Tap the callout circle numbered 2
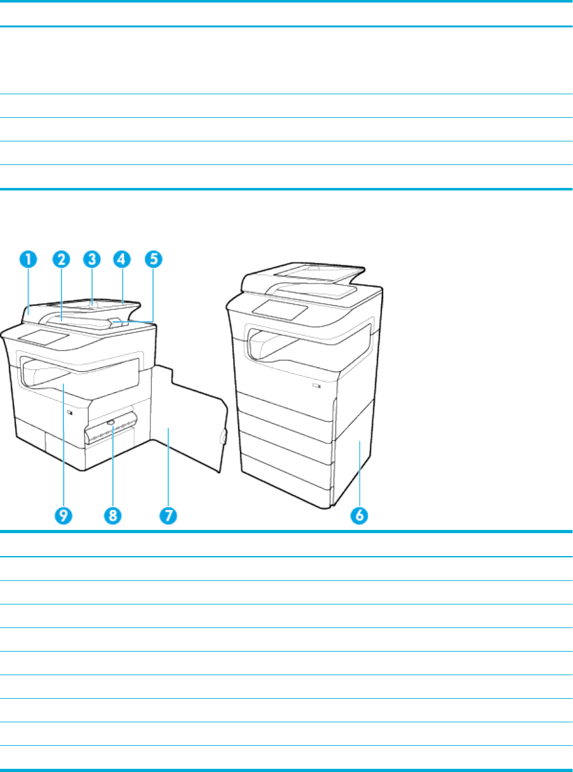tap(61, 259)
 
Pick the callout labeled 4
tap(122, 259)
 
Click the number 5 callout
tap(153, 259)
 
